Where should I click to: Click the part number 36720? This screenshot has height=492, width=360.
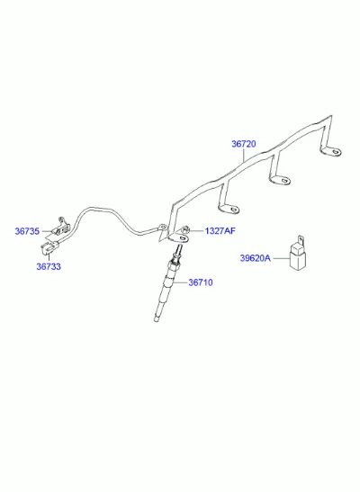244,144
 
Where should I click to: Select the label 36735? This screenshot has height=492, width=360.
27,231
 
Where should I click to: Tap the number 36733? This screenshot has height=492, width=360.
49,266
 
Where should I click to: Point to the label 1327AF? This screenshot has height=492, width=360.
220,231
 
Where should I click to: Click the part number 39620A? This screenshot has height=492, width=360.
256,258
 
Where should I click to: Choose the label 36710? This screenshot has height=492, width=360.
201,282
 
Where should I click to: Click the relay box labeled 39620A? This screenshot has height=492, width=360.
298,257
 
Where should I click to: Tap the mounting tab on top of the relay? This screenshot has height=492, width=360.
301,240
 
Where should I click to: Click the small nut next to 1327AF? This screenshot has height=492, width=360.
185,229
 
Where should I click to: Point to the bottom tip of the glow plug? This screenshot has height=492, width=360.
156,319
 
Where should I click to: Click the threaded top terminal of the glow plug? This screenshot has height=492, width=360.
178,250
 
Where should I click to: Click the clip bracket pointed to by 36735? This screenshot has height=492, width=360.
61,227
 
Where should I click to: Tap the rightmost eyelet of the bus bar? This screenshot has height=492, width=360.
331,152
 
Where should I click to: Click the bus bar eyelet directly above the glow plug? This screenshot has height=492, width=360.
179,238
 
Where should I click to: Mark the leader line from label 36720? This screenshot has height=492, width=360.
244,155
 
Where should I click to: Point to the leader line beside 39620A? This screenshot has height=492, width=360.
281,258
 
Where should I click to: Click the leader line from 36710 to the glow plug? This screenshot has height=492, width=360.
180,282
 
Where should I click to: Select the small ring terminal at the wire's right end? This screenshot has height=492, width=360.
162,227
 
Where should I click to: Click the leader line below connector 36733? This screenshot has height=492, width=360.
49,257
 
